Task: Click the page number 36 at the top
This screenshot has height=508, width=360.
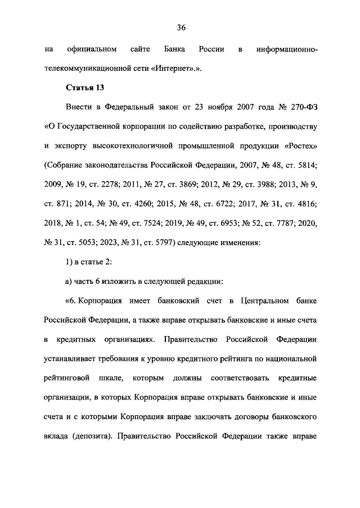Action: (181, 28)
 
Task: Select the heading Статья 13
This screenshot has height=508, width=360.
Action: (85, 88)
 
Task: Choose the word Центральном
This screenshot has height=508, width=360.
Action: (263, 300)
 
